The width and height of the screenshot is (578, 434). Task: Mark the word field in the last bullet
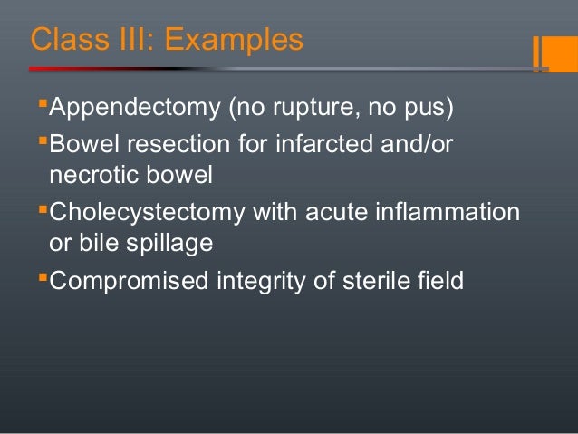(441, 281)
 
